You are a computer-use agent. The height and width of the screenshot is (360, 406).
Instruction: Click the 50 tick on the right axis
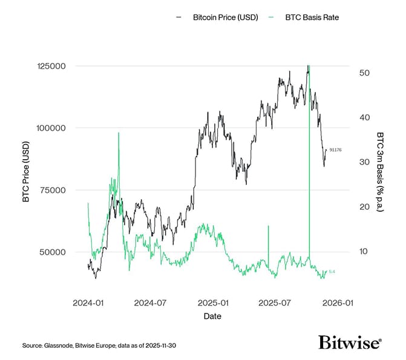364,73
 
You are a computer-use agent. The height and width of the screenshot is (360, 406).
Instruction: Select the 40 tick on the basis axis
364,117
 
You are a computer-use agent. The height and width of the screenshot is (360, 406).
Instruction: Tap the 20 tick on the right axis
364,207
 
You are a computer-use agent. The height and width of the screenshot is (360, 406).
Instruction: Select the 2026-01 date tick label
338,302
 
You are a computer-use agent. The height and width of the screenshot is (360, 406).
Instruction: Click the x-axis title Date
212,316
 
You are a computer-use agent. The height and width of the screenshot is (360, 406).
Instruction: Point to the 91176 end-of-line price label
335,149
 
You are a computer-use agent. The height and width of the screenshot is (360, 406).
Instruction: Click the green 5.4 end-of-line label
332,272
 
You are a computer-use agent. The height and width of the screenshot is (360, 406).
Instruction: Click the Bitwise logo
350,343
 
